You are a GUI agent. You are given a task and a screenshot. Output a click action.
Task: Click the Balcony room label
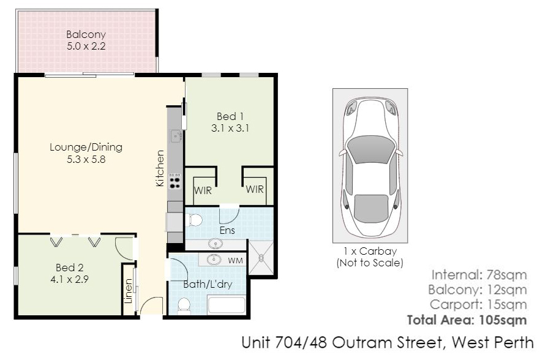86,35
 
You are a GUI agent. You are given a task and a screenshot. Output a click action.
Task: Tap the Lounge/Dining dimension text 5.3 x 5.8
86,159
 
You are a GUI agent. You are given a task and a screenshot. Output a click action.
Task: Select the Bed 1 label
230,116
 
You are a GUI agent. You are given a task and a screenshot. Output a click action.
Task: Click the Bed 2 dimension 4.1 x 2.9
69,280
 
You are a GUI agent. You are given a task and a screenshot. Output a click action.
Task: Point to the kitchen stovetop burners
175,181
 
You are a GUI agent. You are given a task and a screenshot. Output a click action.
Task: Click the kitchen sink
176,136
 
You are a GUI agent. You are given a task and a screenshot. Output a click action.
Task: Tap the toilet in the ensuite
195,220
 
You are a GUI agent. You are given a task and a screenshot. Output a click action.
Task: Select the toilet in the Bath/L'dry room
184,306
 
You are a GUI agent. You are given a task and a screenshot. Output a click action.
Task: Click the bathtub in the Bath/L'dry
227,306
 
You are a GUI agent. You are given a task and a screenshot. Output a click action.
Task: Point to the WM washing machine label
235,261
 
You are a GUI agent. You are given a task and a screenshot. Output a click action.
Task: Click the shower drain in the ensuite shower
261,258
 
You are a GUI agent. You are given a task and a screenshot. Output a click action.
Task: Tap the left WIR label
203,190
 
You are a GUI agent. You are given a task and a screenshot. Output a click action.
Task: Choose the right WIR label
255,189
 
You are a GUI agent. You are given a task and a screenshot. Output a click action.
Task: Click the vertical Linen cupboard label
129,291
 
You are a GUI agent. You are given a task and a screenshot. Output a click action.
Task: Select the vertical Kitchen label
160,168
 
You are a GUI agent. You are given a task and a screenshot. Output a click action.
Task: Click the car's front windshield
370,149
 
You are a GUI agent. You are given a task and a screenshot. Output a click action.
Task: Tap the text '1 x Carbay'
370,251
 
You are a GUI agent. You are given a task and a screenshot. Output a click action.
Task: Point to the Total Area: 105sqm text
467,320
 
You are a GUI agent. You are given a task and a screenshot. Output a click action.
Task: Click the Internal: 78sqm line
479,275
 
